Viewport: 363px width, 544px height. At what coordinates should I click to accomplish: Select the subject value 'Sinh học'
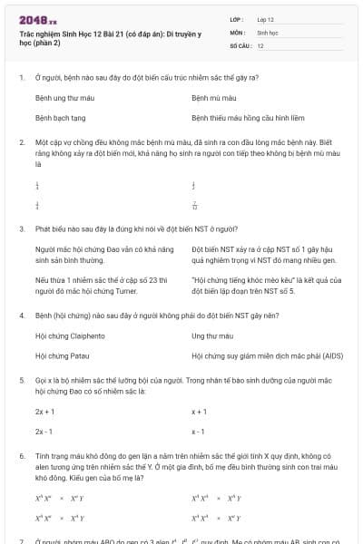(267, 32)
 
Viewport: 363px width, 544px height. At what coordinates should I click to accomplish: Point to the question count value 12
(260, 44)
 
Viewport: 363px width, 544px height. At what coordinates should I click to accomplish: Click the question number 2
(21, 143)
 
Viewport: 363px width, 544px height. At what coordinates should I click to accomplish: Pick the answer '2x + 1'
(44, 411)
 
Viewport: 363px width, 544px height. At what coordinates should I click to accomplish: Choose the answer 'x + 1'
(200, 411)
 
